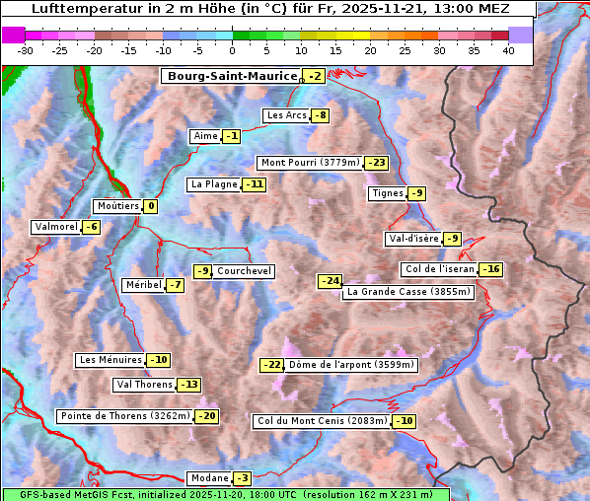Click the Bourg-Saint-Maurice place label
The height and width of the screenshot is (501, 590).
click(x=232, y=76)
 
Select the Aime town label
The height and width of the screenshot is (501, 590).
click(x=205, y=136)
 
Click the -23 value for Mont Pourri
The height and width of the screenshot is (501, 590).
click(x=376, y=163)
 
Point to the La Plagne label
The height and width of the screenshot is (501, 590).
click(x=214, y=184)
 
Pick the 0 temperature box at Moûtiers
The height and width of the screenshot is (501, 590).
click(x=150, y=206)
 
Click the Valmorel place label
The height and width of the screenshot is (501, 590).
click(x=55, y=227)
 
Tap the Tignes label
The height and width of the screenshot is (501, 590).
click(x=386, y=193)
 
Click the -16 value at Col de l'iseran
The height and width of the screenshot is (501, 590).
click(x=490, y=269)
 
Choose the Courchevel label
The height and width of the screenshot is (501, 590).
click(x=244, y=271)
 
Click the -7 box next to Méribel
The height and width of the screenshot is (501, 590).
click(x=174, y=285)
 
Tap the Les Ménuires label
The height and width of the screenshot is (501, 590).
click(x=111, y=360)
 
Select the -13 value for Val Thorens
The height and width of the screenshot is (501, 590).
click(x=188, y=385)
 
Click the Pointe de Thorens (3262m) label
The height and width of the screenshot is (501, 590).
click(x=124, y=416)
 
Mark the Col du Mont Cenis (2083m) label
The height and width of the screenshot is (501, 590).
click(x=321, y=421)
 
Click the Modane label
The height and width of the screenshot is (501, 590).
click(x=209, y=478)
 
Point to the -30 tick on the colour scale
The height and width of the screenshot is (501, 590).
click(x=26, y=49)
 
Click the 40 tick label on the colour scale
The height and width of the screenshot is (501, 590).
click(x=508, y=49)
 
